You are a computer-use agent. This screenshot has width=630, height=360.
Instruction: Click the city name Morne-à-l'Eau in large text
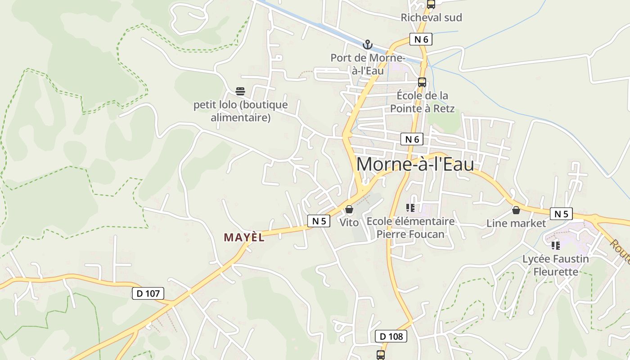(x=415, y=164)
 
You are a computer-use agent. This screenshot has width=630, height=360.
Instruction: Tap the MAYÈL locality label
(x=244, y=238)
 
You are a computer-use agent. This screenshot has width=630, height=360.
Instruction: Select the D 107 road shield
(x=148, y=294)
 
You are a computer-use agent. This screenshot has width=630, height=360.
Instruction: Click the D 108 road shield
(x=391, y=336)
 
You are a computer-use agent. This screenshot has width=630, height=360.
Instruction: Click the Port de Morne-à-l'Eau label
(x=368, y=64)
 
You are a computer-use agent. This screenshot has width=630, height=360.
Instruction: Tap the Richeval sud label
(x=431, y=18)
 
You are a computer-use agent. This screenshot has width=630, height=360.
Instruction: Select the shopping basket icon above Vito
(x=349, y=210)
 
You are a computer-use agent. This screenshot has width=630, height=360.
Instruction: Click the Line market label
(x=516, y=223)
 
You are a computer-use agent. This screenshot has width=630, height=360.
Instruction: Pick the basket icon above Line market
(x=516, y=210)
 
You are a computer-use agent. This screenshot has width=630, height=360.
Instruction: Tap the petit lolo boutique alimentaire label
(x=240, y=111)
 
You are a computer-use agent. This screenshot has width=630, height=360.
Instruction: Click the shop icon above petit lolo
(x=240, y=91)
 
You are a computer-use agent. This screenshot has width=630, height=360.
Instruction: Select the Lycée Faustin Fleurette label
(x=555, y=265)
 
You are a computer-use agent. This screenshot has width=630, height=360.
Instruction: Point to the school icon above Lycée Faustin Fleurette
(x=556, y=246)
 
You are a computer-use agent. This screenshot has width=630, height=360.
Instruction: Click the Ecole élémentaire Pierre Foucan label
(x=410, y=228)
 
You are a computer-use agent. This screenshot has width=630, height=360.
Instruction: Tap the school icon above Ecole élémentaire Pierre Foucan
(x=410, y=208)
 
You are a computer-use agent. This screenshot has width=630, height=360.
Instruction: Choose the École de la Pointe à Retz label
(x=422, y=102)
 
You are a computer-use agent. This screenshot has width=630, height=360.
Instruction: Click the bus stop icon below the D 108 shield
(x=381, y=355)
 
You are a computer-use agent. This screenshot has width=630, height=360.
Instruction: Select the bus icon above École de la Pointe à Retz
(x=422, y=82)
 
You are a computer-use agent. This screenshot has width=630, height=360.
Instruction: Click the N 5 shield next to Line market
(x=561, y=214)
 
